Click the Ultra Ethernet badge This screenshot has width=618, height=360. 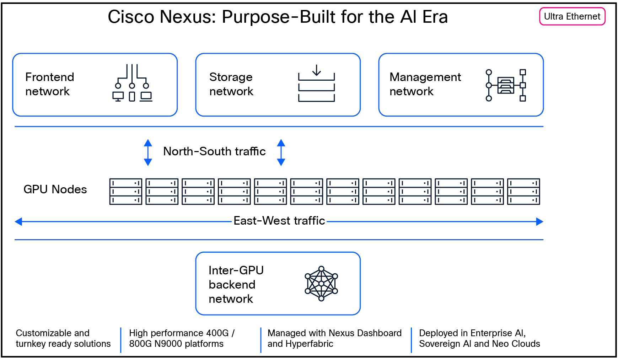pos(572,17)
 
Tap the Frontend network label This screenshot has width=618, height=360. pos(50,84)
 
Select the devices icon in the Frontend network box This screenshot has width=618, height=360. pos(132,83)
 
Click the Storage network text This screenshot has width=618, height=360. pos(231,84)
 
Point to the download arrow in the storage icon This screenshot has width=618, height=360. pos(316,70)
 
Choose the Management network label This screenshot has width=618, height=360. pos(425,84)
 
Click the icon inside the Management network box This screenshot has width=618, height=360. pos(505,85)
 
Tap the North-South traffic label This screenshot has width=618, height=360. pos(214,151)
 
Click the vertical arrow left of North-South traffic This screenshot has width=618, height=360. pos(148,152)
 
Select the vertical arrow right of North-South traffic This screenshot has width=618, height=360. pos(281,152)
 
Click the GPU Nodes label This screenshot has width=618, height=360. pos(55,189)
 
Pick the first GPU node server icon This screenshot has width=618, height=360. pos(125,192)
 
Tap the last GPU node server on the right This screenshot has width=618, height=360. pos(523,192)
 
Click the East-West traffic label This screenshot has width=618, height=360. pos(279,221)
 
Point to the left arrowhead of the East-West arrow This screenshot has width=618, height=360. pos(18,222)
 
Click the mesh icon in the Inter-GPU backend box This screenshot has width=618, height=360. pos(321,284)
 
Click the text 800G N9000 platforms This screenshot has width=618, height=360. pos(176,344)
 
